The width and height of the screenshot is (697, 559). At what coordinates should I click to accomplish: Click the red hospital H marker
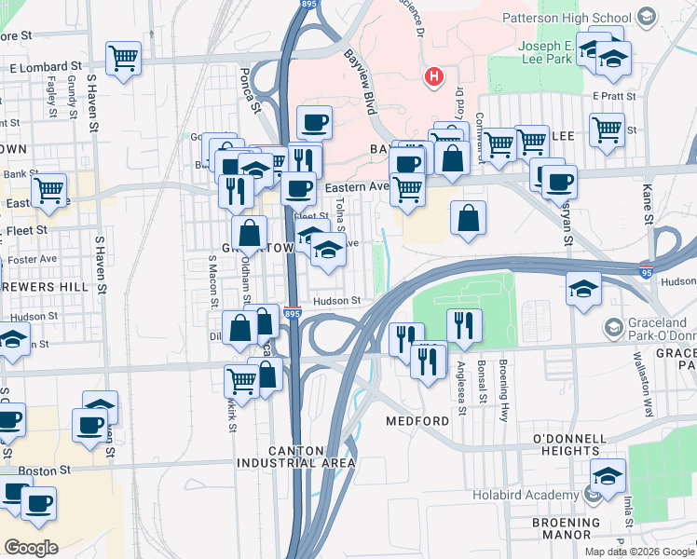point(432,76)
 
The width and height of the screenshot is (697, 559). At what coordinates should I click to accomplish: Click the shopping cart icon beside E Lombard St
point(123,59)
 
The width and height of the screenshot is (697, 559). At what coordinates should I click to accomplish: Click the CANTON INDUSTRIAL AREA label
point(295,456)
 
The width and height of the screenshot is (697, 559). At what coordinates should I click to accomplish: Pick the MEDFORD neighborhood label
point(418,421)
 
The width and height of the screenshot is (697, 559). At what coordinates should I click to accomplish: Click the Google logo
point(31,547)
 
